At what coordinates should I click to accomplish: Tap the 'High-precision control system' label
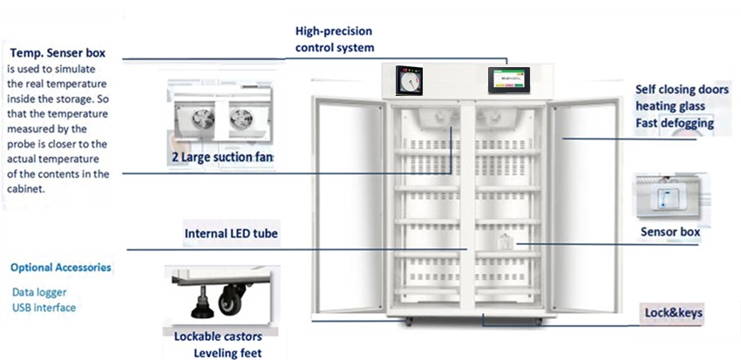(335, 39)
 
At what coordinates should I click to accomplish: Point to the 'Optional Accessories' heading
(61, 268)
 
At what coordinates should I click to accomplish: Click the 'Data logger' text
(39, 293)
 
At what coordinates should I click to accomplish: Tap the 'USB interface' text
(44, 308)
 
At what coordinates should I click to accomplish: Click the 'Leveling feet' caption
(227, 353)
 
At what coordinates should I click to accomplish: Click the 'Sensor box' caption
(670, 233)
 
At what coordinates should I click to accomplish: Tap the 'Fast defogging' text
(675, 124)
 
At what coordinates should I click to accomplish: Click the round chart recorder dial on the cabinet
(408, 83)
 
